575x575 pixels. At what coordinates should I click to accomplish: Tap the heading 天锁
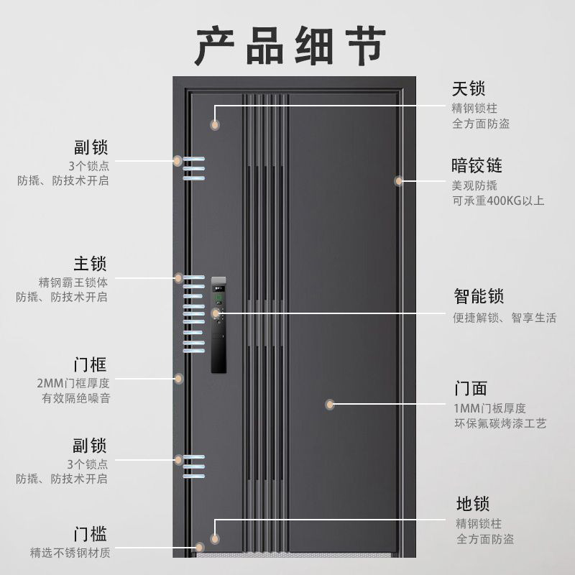click(469, 89)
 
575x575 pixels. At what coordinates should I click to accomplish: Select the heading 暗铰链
click(477, 166)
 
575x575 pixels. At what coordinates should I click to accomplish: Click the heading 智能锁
click(479, 296)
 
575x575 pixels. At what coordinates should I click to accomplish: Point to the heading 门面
click(471, 389)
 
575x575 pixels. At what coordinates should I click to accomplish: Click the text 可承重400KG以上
click(498, 201)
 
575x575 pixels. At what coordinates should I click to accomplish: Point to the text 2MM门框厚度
click(73, 382)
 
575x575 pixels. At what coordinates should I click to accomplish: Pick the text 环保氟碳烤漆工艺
click(500, 424)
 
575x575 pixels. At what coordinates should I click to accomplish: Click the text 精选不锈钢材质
click(70, 553)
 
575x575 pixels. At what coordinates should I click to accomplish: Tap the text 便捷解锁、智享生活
click(505, 318)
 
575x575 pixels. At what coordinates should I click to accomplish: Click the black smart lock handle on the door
click(218, 323)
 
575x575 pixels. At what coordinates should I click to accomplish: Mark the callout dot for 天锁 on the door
click(214, 125)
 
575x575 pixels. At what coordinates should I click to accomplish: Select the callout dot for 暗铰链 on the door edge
click(398, 181)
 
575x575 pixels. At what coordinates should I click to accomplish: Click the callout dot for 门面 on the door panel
click(330, 405)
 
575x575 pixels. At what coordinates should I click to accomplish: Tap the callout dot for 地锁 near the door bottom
click(214, 538)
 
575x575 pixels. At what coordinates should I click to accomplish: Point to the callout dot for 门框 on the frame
click(178, 378)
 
